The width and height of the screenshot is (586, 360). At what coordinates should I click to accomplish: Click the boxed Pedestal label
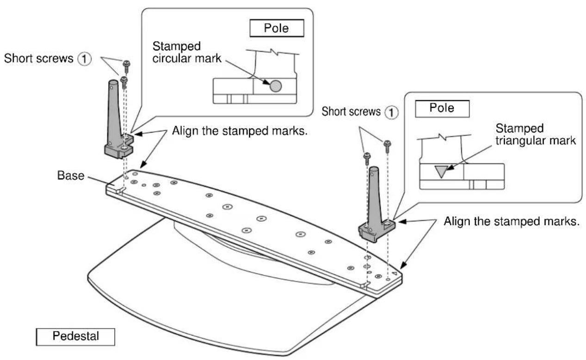point(75,336)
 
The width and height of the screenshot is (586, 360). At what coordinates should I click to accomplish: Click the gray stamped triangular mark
point(441,172)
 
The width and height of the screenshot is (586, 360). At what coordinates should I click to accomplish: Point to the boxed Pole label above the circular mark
point(277,29)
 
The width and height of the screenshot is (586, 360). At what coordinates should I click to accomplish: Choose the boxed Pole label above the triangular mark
point(442,109)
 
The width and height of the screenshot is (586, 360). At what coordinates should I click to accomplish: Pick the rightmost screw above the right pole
point(388,146)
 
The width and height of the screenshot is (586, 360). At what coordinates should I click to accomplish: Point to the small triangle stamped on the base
point(394,274)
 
